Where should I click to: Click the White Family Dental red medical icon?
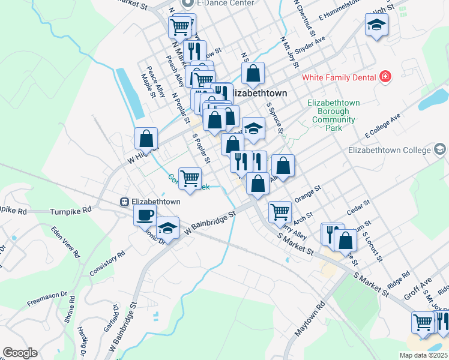coord(385,77)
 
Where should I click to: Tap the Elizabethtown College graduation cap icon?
coord(440,149)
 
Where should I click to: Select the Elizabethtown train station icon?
coord(124,202)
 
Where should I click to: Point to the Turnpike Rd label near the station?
coord(70,211)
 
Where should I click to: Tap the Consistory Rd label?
coord(107,262)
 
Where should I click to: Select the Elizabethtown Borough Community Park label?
coord(334,115)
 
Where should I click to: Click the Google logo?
coord(20,353)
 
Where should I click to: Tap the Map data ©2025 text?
coord(423,355)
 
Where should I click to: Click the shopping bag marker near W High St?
coord(146,138)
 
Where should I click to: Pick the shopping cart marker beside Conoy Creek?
coord(190,178)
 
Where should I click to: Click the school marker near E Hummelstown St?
coord(376,25)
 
